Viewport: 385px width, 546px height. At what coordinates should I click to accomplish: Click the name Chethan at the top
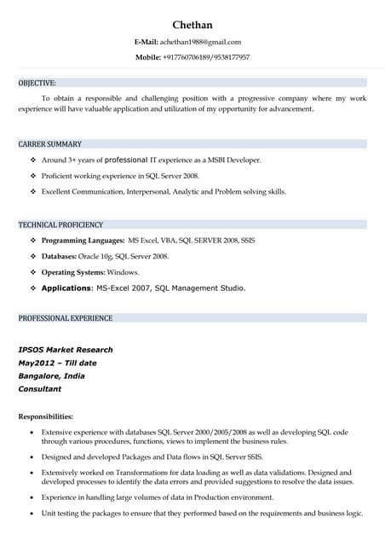(x=192, y=25)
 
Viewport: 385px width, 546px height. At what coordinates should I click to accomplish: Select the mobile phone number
(x=206, y=57)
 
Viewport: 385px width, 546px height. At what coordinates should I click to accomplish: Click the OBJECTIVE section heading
(x=37, y=83)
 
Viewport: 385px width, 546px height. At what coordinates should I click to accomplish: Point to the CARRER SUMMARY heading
(x=50, y=143)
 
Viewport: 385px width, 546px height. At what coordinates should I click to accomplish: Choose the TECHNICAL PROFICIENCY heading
(x=60, y=224)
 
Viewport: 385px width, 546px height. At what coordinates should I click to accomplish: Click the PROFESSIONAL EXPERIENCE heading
(x=66, y=318)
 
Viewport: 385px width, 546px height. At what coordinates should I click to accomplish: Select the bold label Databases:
(x=60, y=256)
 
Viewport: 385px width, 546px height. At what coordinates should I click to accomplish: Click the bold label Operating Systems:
(x=73, y=271)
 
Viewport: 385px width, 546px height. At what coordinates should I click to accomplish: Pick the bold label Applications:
(x=67, y=288)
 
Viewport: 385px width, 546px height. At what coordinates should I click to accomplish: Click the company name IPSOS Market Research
(x=66, y=350)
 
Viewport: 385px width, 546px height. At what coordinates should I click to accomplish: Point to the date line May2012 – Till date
(x=57, y=363)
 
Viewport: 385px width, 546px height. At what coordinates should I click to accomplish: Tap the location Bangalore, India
(x=51, y=375)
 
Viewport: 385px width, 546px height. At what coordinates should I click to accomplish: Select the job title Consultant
(x=40, y=388)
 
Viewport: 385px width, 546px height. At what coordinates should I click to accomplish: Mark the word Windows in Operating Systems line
(x=123, y=271)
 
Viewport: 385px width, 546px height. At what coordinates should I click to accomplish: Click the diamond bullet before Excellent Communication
(x=32, y=191)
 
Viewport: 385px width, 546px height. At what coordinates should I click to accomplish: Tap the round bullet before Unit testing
(x=32, y=514)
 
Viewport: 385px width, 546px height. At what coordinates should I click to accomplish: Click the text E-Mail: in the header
(x=147, y=42)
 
